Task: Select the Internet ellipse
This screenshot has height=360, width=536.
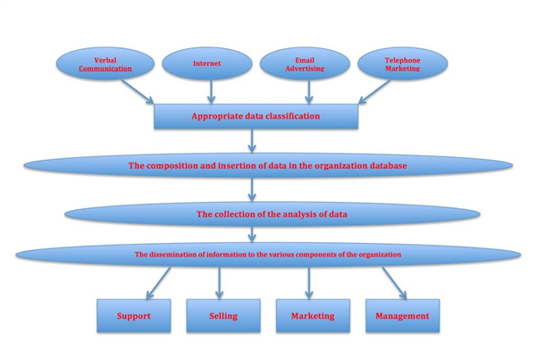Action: point(207,63)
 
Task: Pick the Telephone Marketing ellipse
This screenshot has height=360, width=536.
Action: point(401,63)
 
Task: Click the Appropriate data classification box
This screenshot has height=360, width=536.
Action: point(255,116)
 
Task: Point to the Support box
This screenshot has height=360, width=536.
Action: point(133,315)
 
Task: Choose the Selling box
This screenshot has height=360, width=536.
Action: point(222,315)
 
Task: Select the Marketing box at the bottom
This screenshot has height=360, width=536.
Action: point(312,315)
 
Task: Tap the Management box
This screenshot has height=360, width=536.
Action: point(402,315)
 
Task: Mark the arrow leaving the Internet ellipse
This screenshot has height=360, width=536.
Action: point(211,91)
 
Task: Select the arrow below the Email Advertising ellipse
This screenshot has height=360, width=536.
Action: point(308,91)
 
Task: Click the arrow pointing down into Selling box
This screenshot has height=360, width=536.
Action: point(221,281)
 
